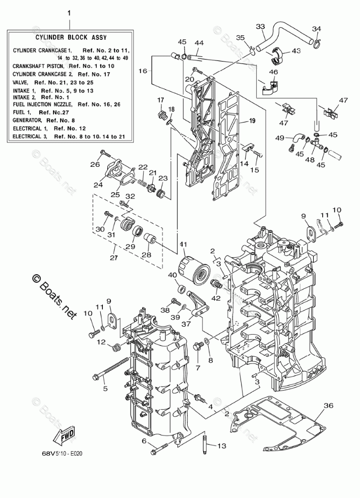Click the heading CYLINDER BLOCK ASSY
[x=70, y=37]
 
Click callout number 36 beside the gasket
[x=328, y=405]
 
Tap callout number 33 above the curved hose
[x=260, y=26]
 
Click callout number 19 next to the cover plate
[x=252, y=121]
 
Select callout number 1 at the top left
[x=70, y=12]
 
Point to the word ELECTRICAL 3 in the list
[x=30, y=136]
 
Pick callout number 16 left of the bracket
[x=143, y=71]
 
